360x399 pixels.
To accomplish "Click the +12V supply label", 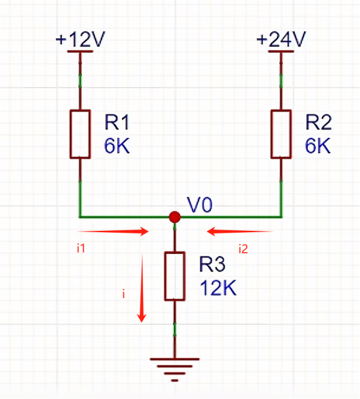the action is [x=80, y=39].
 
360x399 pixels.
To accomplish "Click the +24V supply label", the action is [x=281, y=39].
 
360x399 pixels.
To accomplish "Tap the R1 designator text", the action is [x=117, y=123].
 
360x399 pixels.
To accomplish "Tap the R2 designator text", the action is [x=318, y=123].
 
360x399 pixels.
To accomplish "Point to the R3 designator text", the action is [x=212, y=264].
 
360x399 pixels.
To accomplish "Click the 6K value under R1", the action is [x=117, y=146].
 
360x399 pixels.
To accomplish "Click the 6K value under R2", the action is [x=318, y=146].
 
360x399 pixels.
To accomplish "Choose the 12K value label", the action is [x=218, y=288].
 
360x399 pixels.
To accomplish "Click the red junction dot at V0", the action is [x=175, y=217].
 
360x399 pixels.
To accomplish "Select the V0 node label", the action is [x=200, y=205].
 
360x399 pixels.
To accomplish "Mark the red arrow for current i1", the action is [x=113, y=231].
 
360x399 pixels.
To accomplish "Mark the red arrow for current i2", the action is [x=240, y=231].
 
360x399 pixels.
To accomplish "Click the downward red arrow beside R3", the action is [x=142, y=288].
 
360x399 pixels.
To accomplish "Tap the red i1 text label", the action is [x=81, y=248].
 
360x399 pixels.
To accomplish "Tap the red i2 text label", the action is [x=243, y=249].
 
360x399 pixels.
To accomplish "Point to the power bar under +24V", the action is [x=281, y=51].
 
